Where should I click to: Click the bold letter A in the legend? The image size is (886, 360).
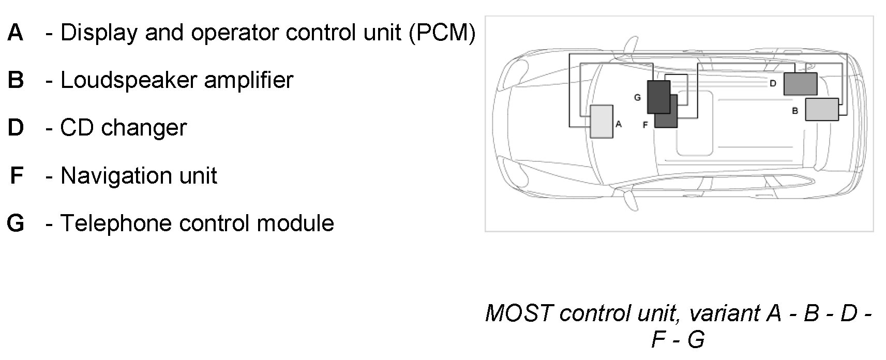[16, 33]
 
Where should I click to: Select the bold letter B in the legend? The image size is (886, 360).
[16, 80]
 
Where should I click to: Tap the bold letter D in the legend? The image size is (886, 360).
[16, 128]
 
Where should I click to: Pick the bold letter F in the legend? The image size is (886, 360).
[16, 175]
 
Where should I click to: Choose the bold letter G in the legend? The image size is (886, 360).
[16, 223]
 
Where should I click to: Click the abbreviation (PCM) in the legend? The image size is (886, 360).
[441, 33]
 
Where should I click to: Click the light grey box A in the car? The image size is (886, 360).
[602, 122]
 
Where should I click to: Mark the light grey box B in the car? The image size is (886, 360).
[822, 110]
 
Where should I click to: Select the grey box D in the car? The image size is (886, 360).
[800, 84]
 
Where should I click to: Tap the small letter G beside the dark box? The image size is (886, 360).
[637, 97]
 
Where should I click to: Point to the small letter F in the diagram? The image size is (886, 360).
[645, 125]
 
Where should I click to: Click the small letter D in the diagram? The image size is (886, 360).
[773, 83]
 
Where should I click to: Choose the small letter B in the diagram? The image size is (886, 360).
[795, 111]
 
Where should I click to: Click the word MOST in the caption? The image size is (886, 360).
[519, 313]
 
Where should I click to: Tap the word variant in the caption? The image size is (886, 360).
[724, 313]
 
